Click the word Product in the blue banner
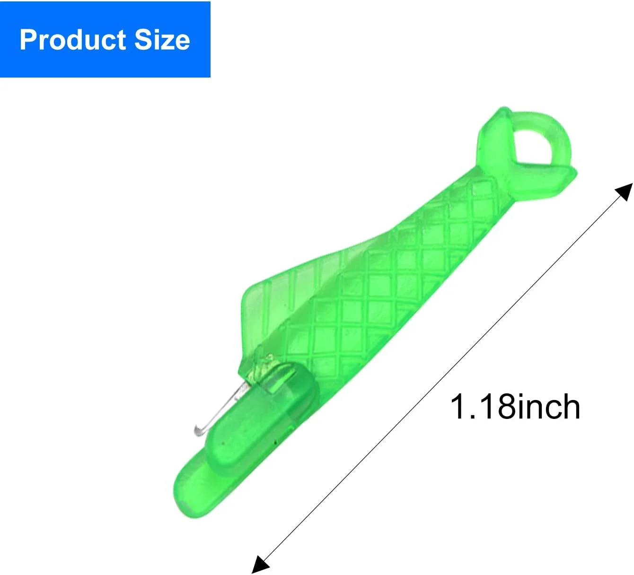(x=73, y=40)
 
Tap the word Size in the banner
(x=162, y=39)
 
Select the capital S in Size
(x=144, y=40)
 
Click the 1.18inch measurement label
(x=515, y=407)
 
